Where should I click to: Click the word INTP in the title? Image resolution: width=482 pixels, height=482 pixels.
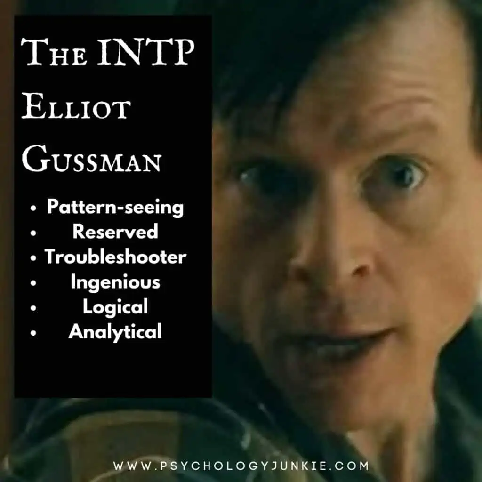(146, 51)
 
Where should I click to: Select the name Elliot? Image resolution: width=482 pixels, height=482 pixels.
(76, 108)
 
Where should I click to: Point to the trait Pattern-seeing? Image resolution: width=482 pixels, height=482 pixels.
(115, 208)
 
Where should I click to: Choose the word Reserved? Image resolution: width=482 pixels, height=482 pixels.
(115, 232)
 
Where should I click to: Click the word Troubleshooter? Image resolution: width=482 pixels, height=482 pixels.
(115, 257)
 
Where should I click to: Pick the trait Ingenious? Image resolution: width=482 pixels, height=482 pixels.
(115, 282)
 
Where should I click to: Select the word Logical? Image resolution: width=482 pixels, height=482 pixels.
(115, 307)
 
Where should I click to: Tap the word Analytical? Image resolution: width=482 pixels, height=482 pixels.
(115, 332)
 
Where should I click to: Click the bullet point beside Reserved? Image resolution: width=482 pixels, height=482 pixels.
(33, 233)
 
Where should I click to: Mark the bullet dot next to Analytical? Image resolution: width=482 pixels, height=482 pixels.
(33, 333)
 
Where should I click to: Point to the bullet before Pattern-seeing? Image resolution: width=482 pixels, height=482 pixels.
(33, 208)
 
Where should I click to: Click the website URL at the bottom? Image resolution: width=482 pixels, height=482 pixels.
(241, 466)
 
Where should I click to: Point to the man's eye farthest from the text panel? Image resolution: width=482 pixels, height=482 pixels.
(396, 177)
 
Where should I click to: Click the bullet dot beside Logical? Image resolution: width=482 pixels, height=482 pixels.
(33, 308)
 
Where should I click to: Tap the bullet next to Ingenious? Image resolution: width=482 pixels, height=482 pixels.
(33, 283)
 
